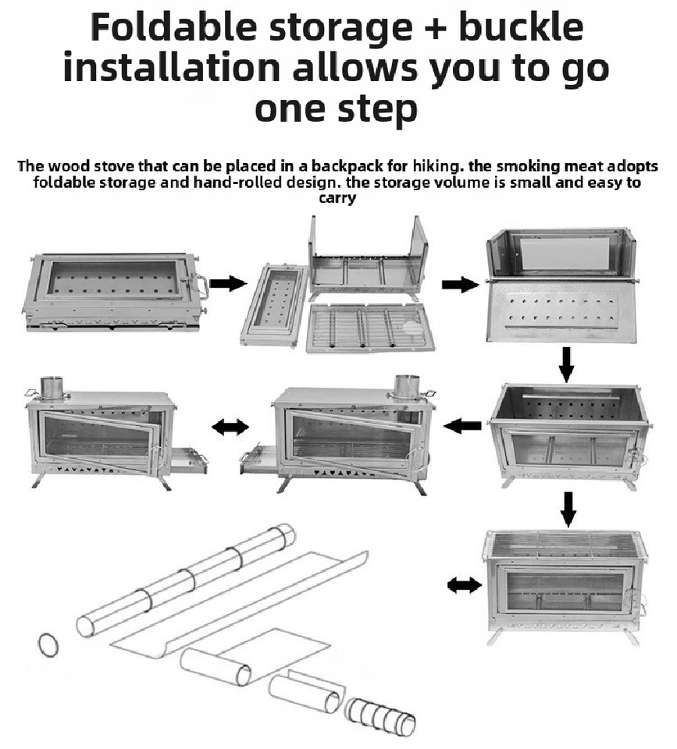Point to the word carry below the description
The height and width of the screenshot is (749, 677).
pos(337,198)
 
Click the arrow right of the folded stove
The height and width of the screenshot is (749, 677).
pos(227,283)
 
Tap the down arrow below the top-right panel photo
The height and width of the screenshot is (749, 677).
pos(568,363)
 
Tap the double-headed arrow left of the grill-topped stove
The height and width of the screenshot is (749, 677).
pos(464,585)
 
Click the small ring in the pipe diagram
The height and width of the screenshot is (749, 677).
pos(48,644)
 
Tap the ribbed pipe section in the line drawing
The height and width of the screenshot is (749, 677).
pos(381,715)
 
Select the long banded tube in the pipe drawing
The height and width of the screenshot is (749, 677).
pos(186,581)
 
